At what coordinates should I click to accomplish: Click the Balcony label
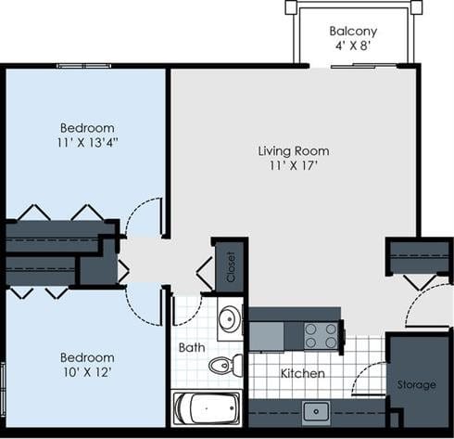pyautogui.click(x=353, y=31)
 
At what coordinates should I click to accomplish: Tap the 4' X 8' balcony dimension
pyautogui.click(x=353, y=46)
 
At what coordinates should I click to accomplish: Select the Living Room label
pyautogui.click(x=293, y=150)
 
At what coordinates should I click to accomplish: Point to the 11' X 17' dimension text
pyautogui.click(x=293, y=167)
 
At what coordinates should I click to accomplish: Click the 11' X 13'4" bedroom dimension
pyautogui.click(x=87, y=144)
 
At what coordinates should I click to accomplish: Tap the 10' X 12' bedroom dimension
pyautogui.click(x=87, y=373)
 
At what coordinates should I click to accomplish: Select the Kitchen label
pyautogui.click(x=303, y=373)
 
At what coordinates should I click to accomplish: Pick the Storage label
pyautogui.click(x=416, y=384)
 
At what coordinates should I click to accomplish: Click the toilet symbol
pyautogui.click(x=223, y=365)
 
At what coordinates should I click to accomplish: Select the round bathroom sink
pyautogui.click(x=229, y=321)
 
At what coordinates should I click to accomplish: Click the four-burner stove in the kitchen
pyautogui.click(x=322, y=334)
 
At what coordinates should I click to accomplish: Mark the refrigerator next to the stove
pyautogui.click(x=266, y=334)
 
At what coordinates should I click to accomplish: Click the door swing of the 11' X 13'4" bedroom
pyautogui.click(x=145, y=217)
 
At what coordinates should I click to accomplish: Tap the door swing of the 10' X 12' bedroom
pyautogui.click(x=145, y=303)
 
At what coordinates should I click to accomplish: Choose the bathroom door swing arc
pyautogui.click(x=187, y=309)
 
